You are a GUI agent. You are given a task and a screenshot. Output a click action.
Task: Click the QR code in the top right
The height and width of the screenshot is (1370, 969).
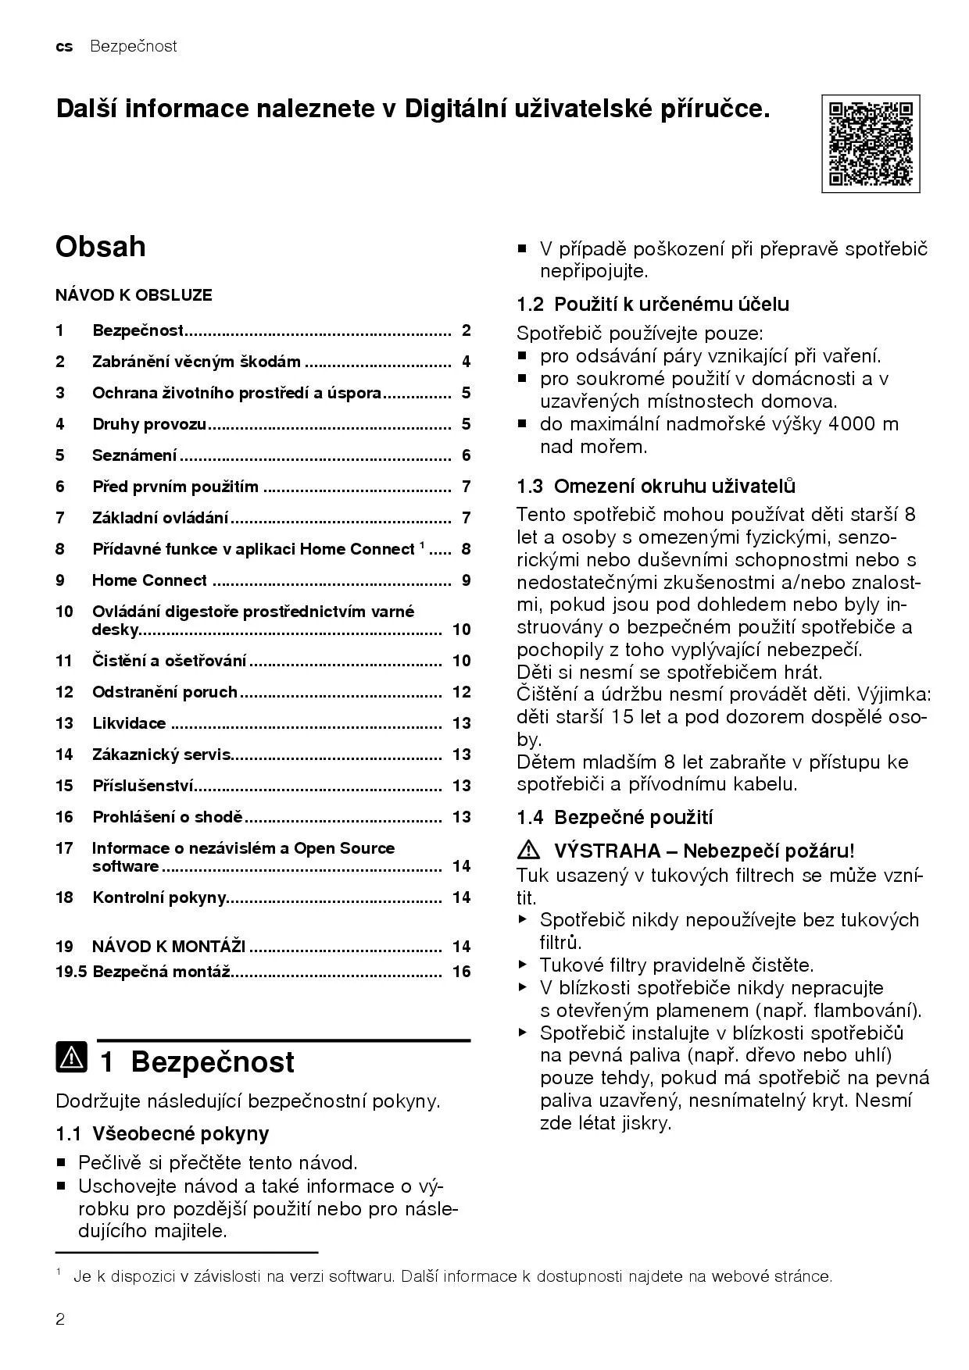click(870, 144)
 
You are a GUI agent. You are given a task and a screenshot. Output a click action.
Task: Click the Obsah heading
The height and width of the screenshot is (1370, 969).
click(100, 247)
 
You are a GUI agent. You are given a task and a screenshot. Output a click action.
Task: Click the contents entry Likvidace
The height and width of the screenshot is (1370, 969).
click(129, 723)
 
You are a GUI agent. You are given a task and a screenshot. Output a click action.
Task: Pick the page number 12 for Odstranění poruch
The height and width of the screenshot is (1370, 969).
click(462, 692)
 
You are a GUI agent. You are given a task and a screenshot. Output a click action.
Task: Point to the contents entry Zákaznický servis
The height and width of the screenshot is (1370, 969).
click(161, 755)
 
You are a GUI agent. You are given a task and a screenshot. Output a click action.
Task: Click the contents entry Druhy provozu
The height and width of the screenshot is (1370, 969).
click(149, 424)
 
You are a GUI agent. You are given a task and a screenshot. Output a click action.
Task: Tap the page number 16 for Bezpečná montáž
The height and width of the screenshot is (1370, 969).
click(462, 972)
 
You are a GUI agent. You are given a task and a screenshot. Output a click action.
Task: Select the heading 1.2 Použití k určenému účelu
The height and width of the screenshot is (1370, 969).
click(653, 304)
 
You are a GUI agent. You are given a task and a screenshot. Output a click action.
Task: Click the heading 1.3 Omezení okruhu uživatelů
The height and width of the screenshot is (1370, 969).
click(656, 486)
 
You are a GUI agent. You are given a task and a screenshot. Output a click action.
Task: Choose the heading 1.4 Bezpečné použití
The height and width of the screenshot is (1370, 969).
click(614, 818)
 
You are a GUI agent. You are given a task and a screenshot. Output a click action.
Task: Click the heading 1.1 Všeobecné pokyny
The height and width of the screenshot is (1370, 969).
click(162, 1133)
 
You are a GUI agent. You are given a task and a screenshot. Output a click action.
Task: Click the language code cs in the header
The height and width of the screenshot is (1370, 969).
click(64, 47)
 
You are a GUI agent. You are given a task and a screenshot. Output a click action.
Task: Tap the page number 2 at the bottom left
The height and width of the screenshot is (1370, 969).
click(60, 1319)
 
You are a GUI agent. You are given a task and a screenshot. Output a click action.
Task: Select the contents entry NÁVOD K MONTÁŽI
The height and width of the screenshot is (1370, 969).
click(169, 947)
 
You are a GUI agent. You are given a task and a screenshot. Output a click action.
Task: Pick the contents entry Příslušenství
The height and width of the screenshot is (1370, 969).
click(143, 786)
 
